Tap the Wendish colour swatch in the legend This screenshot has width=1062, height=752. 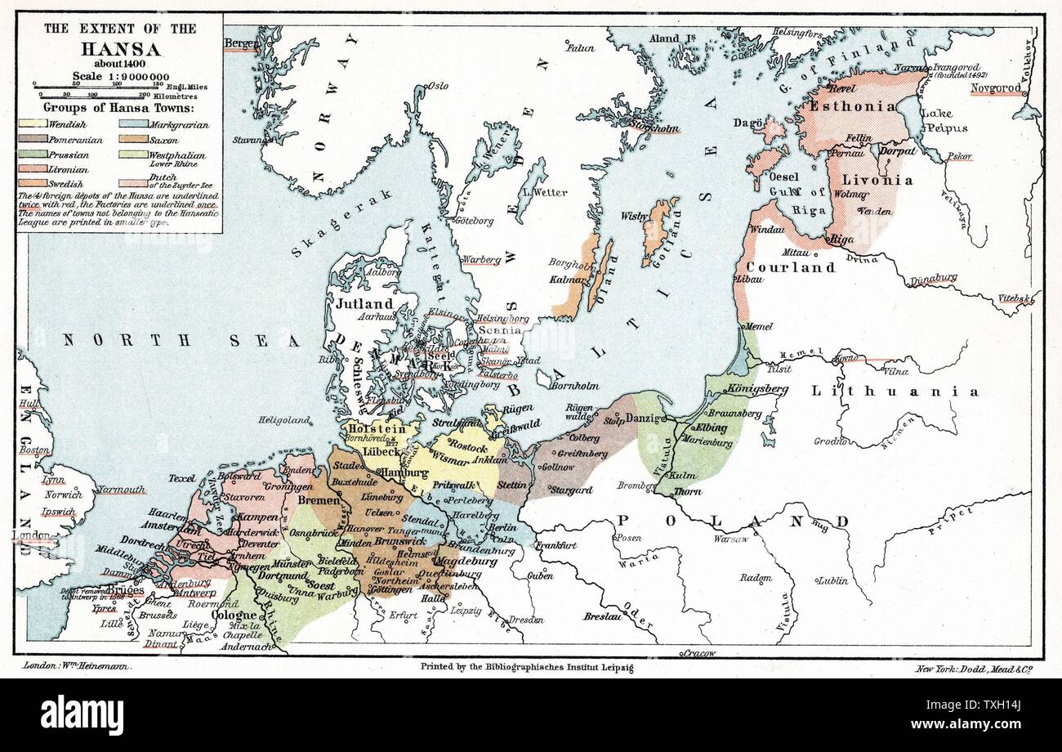click(x=32, y=125)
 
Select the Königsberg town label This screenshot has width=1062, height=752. click(x=756, y=389)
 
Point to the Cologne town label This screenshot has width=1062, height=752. click(x=234, y=615)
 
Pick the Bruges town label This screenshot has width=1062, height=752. click(x=124, y=589)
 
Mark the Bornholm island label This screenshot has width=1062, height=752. click(x=574, y=386)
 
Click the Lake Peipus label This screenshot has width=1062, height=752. click(x=945, y=121)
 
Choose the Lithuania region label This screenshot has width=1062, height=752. click(x=894, y=392)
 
